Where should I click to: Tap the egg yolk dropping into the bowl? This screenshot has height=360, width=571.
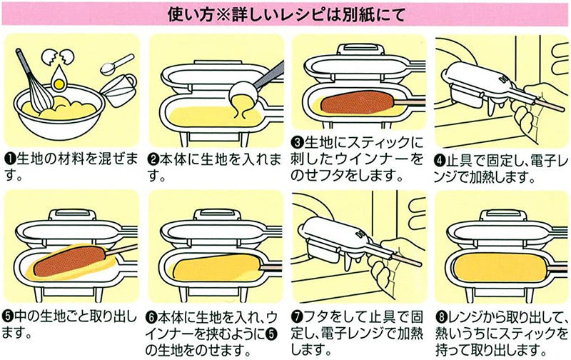tap(59, 82)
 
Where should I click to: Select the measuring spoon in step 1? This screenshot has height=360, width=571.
tap(116, 64)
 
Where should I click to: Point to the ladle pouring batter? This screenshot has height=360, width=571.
tap(255, 87)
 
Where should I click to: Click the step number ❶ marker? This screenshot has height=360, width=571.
tap(9, 159)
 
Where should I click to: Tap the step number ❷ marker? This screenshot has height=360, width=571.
tap(153, 159)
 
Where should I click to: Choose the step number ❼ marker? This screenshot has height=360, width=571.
tap(298, 317)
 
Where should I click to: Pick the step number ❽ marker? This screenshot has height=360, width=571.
tap(441, 317)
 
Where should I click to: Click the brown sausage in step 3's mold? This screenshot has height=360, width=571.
tap(358, 102)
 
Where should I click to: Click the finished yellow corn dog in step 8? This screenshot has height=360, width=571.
tap(502, 267)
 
